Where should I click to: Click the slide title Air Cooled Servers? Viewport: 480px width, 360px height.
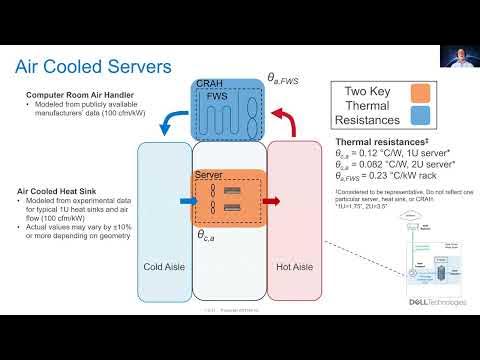pyautogui.click(x=93, y=67)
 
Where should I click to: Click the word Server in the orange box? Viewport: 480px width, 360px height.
pyautogui.click(x=208, y=175)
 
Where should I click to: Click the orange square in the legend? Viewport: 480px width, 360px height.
pyautogui.click(x=419, y=95)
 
